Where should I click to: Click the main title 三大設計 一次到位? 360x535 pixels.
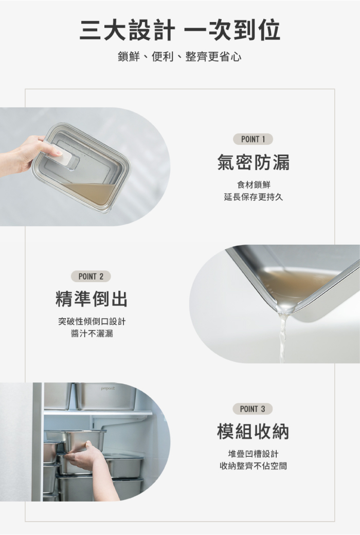[x=180, y=30]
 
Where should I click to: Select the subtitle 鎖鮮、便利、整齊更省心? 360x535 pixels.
[x=179, y=57]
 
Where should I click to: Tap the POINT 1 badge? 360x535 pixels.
[x=253, y=139]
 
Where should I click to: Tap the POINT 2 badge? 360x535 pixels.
[x=91, y=276]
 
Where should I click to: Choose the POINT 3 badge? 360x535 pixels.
[x=253, y=409]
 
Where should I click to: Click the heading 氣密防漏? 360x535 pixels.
[x=253, y=162]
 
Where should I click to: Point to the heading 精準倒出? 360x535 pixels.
[x=91, y=299]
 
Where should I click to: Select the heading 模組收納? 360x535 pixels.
[x=253, y=431]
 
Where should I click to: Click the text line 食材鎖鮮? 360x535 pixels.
[x=254, y=185]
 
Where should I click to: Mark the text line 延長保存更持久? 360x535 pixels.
[x=254, y=197]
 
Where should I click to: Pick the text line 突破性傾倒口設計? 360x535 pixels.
[x=92, y=321]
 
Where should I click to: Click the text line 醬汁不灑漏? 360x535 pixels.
[x=92, y=334]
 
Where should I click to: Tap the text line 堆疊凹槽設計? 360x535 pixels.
[x=253, y=454]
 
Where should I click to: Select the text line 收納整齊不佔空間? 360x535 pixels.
[x=253, y=466]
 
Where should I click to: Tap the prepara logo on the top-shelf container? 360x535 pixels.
[x=108, y=389]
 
